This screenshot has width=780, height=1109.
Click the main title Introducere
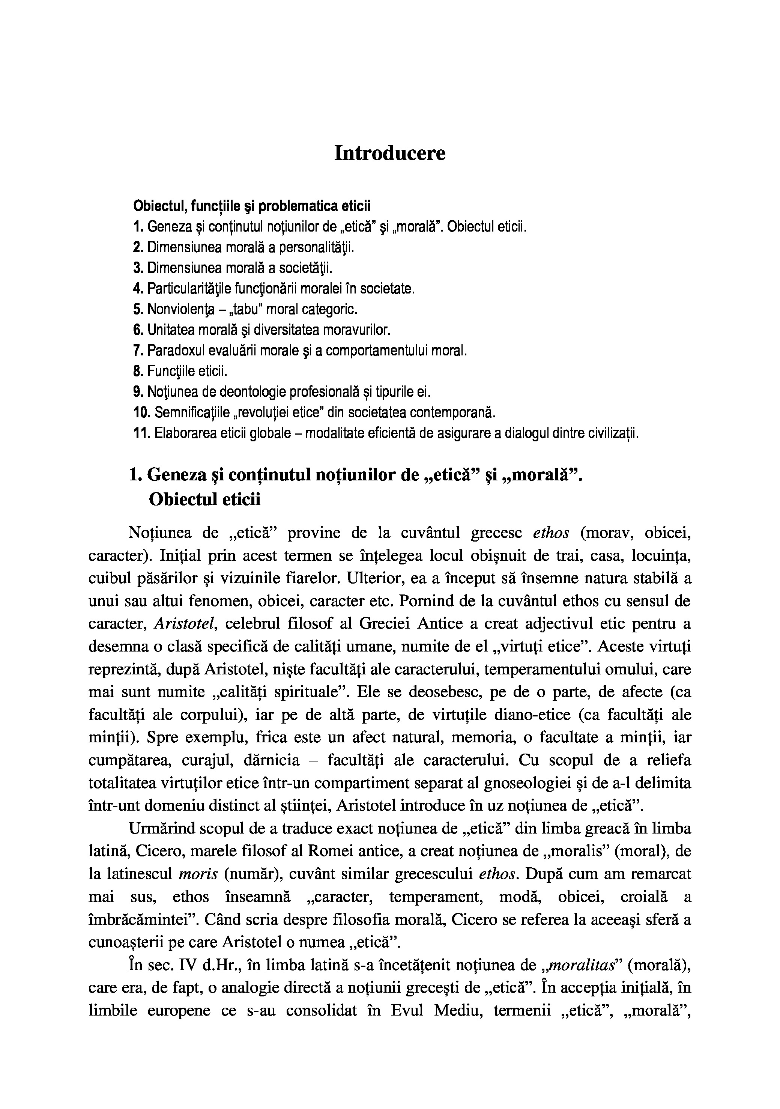(x=390, y=153)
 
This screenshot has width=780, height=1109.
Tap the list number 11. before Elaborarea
(x=141, y=433)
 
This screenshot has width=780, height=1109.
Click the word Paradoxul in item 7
(x=173, y=350)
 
